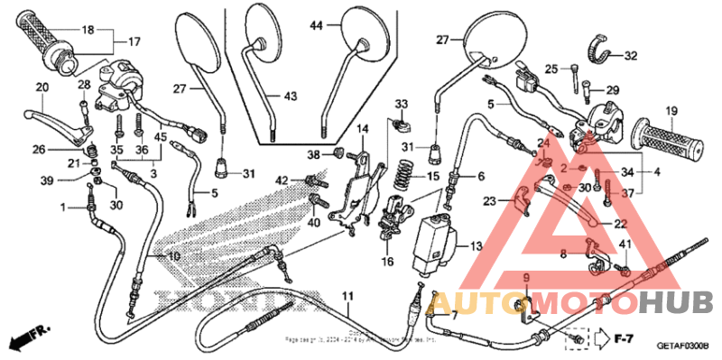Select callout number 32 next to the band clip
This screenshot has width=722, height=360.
click(630, 56)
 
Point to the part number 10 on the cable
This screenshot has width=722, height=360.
click(174, 257)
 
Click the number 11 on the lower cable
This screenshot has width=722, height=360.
click(347, 297)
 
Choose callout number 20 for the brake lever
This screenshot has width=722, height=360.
click(42, 88)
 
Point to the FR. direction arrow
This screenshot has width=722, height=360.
click(27, 340)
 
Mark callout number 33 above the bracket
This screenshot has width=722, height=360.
click(401, 104)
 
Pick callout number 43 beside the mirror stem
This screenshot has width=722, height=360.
click(290, 96)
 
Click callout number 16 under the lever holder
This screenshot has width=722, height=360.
click(388, 262)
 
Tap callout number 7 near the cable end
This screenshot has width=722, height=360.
click(454, 316)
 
